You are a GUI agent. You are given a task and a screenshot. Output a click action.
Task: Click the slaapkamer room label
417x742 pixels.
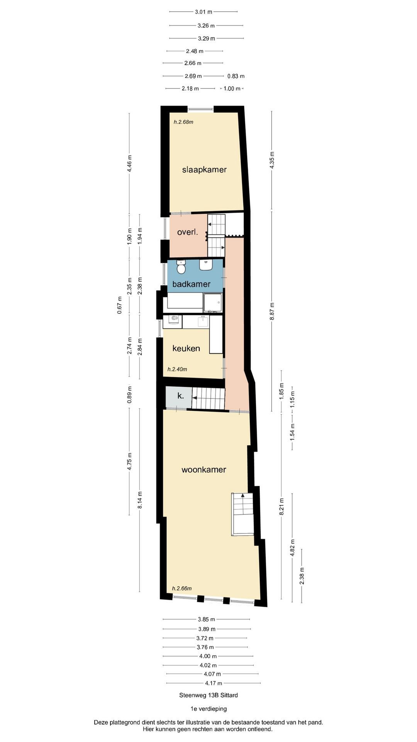click(204, 170)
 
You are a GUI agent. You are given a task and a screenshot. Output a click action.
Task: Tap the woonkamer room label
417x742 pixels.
click(204, 470)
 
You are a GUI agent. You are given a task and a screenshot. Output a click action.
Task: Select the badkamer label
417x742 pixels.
click(191, 284)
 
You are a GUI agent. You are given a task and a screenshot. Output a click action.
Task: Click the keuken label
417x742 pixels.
click(186, 348)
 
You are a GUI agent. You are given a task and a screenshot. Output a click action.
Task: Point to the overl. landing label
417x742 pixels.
click(187, 232)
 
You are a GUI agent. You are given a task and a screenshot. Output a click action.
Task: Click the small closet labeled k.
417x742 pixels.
click(180, 396)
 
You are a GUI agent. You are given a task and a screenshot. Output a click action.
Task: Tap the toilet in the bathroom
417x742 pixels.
click(181, 267)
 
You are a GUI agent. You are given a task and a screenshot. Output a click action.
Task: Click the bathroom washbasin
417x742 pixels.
click(206, 265)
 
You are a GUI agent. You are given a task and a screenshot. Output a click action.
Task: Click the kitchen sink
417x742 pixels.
click(203, 321)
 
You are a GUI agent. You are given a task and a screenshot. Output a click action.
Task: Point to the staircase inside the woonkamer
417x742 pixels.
click(242, 514)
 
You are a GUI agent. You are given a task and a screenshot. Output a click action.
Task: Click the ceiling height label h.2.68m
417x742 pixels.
click(183, 122)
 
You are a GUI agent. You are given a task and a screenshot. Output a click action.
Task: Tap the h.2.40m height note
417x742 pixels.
click(177, 369)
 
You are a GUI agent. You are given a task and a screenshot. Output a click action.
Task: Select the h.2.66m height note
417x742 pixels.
click(181, 588)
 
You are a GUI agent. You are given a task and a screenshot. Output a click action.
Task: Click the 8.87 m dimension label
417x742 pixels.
click(272, 311)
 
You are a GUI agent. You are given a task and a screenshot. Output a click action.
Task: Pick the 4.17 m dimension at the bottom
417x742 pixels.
click(214, 683)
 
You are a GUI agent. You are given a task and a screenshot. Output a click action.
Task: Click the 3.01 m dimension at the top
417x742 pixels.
click(203, 12)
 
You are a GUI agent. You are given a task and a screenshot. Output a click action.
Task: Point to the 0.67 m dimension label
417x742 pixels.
click(120, 305)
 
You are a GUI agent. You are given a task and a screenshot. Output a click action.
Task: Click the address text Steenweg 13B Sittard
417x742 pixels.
click(208, 695)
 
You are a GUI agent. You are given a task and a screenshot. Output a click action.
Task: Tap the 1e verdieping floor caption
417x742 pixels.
click(208, 708)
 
